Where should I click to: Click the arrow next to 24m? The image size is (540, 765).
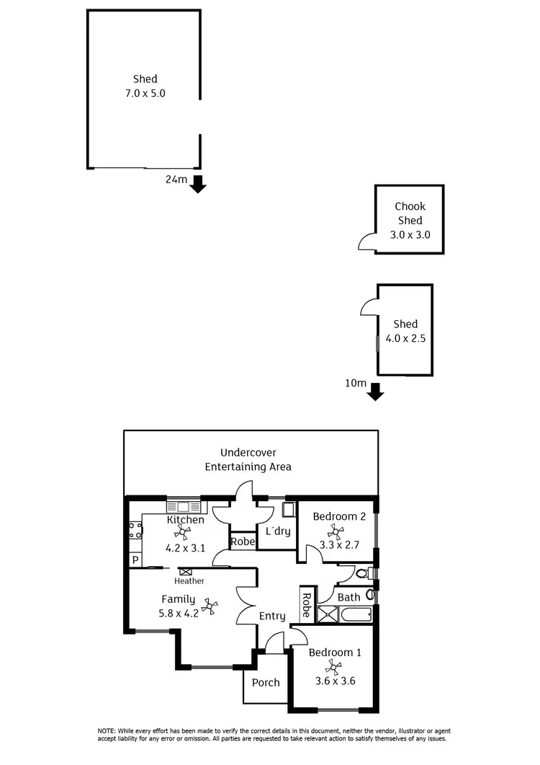(198, 184)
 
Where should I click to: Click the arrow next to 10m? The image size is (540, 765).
(375, 392)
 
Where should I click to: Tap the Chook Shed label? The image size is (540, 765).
(409, 213)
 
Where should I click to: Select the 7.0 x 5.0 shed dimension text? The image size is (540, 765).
(145, 93)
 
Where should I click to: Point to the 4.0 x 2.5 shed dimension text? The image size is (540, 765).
(405, 337)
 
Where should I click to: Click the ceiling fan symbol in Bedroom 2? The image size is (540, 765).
(336, 532)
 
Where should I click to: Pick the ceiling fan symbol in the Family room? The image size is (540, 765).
(210, 606)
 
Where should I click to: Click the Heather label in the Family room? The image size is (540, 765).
(189, 581)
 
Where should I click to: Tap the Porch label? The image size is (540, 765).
(266, 682)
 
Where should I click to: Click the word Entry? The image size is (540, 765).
(272, 616)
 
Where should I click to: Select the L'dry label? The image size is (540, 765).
(278, 531)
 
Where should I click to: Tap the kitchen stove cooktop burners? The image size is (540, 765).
(135, 531)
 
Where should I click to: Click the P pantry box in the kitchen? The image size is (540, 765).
(135, 560)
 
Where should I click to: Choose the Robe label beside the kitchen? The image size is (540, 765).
(243, 541)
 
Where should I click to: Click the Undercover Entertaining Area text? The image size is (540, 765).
(248, 459)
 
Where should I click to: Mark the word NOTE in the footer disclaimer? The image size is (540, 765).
(108, 731)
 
